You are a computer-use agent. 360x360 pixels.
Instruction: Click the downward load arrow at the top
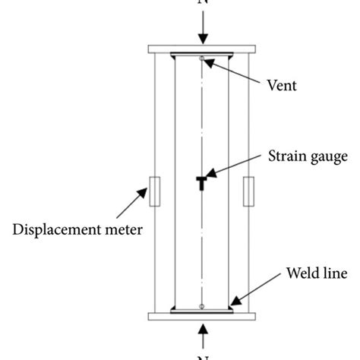(x=201, y=31)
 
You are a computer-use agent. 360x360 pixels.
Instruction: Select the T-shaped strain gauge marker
(x=201, y=182)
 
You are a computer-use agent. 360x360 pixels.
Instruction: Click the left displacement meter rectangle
(x=154, y=191)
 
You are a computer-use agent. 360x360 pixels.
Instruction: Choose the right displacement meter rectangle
(x=248, y=191)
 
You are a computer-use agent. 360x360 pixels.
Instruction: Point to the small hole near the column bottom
(x=201, y=306)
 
